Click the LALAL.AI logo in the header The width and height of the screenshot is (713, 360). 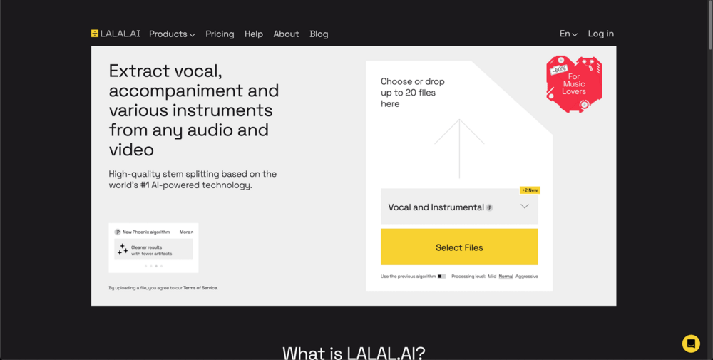pyautogui.click(x=116, y=34)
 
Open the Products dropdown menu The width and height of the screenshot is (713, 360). pyautogui.click(x=172, y=34)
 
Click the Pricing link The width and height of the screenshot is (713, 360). pyautogui.click(x=220, y=34)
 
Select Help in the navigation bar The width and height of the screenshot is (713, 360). pyautogui.click(x=254, y=34)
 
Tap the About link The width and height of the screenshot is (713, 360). pyautogui.click(x=286, y=34)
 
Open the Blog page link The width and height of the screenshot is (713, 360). pyautogui.click(x=319, y=34)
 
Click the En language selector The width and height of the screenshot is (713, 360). pyautogui.click(x=568, y=34)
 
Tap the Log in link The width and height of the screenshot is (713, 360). pyautogui.click(x=600, y=34)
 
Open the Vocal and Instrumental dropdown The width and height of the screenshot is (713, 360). pyautogui.click(x=459, y=207)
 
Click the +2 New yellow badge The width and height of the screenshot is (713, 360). pyautogui.click(x=530, y=190)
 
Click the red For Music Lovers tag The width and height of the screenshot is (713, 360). pyautogui.click(x=574, y=84)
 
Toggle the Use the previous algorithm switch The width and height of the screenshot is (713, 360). pyautogui.click(x=442, y=277)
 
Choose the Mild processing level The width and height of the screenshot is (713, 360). pyautogui.click(x=492, y=277)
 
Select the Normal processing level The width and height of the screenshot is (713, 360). pyautogui.click(x=506, y=277)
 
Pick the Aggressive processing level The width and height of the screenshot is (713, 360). pyautogui.click(x=527, y=277)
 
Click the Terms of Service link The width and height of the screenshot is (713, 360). pyautogui.click(x=200, y=288)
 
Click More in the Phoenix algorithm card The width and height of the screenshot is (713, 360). pyautogui.click(x=186, y=232)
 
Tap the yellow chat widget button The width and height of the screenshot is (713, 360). pyautogui.click(x=691, y=344)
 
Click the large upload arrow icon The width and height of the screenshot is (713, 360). pyautogui.click(x=459, y=148)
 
